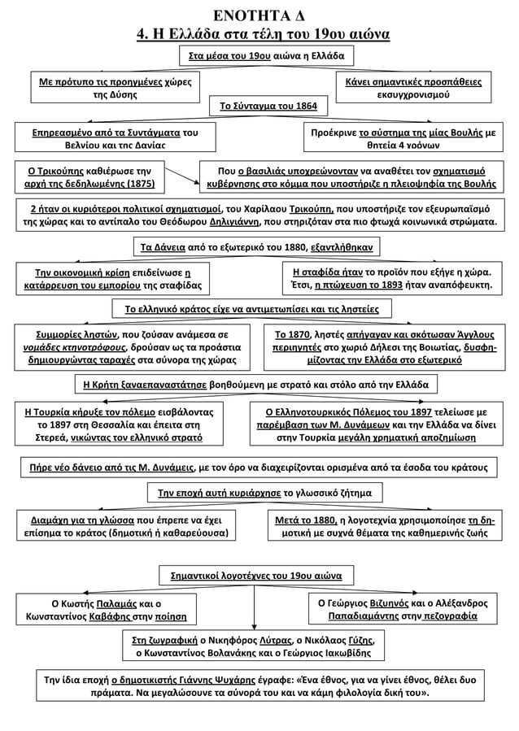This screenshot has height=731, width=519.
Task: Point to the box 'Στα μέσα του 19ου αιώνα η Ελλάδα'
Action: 265,57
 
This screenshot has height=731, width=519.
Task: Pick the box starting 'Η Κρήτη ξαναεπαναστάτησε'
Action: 258,382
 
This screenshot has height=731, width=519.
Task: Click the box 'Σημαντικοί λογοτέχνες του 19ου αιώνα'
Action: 256,575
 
